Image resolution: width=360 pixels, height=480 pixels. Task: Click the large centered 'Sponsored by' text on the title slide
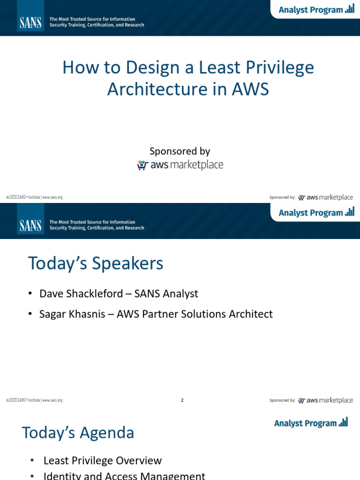point(180,151)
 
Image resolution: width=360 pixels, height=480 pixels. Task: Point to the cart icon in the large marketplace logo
point(142,165)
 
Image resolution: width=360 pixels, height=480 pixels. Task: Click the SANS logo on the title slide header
point(30,22)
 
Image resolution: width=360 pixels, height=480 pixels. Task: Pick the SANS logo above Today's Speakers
point(30,225)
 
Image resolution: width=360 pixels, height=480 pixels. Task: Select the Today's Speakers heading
point(96,263)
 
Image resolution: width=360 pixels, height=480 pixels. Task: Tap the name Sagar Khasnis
point(72,314)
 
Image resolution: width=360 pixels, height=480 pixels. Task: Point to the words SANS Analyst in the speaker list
point(166,294)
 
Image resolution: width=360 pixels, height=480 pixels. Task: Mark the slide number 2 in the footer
point(182,400)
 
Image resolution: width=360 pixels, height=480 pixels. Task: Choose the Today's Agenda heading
point(78,433)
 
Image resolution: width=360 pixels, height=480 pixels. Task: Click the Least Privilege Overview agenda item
point(102,461)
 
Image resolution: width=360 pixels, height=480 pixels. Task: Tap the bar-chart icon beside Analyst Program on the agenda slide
point(344,422)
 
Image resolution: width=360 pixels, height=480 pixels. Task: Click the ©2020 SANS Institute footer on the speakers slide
point(34,400)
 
